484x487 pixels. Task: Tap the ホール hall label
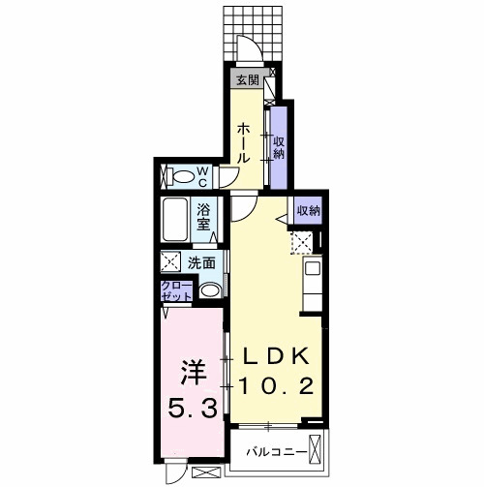[x=245, y=141]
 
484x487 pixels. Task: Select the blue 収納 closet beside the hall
[x=278, y=146]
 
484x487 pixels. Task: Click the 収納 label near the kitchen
[x=307, y=210]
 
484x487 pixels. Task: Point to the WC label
[x=204, y=176]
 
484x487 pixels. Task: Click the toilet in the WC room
[x=180, y=176]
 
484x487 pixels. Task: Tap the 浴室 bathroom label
[x=205, y=215]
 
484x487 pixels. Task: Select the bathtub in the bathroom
[x=176, y=218]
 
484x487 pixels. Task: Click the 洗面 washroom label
[x=201, y=260]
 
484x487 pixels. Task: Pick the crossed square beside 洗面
[x=171, y=260]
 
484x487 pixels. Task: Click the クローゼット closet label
[x=177, y=291]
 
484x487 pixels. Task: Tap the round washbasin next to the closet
[x=208, y=291]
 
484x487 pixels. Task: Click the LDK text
[x=276, y=355]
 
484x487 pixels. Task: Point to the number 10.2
[x=276, y=386]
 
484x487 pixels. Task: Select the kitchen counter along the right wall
[x=314, y=281]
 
